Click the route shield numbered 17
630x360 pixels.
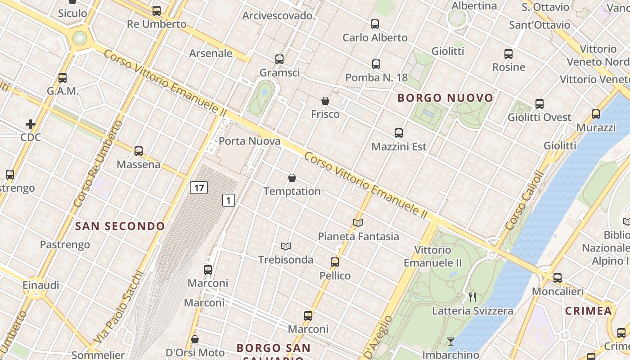(x=198, y=187)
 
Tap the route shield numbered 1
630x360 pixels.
(x=229, y=200)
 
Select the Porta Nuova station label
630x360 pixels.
(x=249, y=141)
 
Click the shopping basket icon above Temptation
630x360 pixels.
(x=292, y=178)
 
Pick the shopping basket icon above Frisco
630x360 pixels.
(x=325, y=101)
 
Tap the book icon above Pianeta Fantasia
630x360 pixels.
(x=358, y=222)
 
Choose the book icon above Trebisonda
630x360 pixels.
(x=286, y=246)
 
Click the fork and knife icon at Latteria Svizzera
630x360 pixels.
(x=472, y=297)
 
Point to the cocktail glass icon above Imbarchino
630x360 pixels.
(x=450, y=341)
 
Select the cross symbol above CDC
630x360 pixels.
(x=31, y=124)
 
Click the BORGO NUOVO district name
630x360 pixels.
(x=445, y=98)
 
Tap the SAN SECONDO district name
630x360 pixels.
(x=120, y=226)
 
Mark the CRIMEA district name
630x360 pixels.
(x=589, y=311)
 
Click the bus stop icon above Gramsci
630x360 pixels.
(x=279, y=59)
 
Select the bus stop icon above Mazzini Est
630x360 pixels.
(x=399, y=133)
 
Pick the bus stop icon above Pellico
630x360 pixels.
(x=335, y=262)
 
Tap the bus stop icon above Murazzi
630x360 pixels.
(x=596, y=114)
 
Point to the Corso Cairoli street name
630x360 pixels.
(x=525, y=200)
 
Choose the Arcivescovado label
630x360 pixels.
(x=277, y=16)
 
